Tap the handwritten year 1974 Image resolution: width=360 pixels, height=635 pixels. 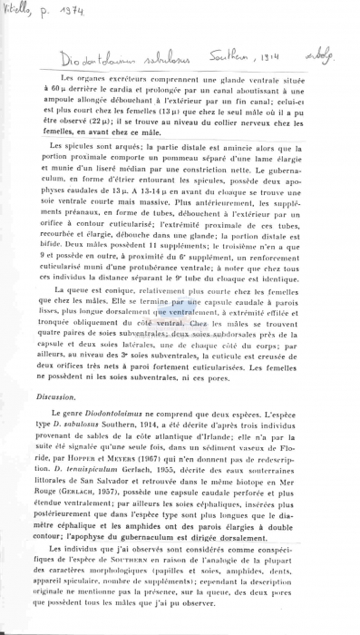(64, 12)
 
